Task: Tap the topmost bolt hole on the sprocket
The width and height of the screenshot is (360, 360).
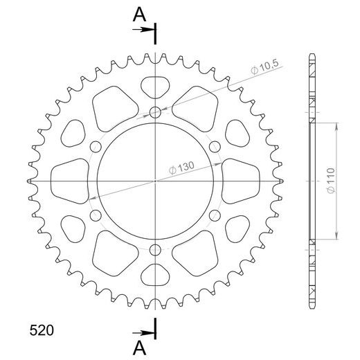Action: pos(154,111)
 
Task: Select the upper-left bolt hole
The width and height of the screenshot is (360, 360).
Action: pos(96,145)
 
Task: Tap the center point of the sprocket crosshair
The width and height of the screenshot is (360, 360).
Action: pos(154,180)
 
